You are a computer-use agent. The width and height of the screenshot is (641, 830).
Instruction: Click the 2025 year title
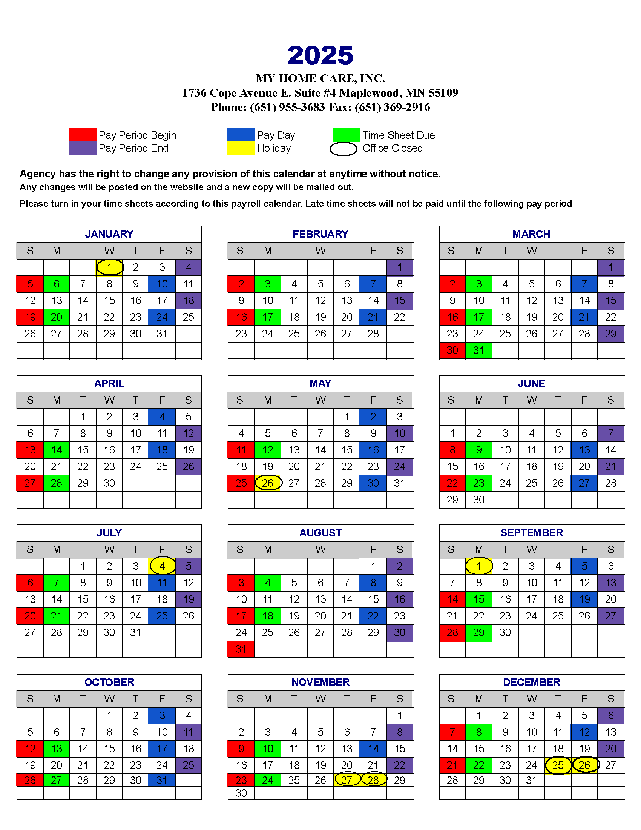click(320, 55)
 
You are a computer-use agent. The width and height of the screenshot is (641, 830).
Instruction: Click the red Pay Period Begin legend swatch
click(83, 135)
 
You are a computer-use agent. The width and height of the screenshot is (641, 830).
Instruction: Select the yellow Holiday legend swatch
click(241, 148)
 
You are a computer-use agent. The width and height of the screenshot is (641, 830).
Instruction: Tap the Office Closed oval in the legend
click(343, 149)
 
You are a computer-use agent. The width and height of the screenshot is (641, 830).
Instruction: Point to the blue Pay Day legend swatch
click(241, 135)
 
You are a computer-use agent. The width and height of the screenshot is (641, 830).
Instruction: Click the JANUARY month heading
click(109, 234)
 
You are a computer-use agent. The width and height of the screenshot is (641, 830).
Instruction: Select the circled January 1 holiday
click(109, 267)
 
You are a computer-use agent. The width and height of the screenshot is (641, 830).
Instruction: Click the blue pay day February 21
click(373, 317)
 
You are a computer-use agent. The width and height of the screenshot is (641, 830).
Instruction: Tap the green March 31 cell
click(478, 350)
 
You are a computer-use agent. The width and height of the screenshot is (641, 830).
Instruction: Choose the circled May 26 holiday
click(268, 483)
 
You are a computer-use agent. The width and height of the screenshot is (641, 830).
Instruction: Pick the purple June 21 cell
click(610, 466)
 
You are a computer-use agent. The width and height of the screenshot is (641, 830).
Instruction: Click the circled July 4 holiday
click(162, 566)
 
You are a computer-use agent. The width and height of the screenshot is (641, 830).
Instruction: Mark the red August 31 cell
click(241, 649)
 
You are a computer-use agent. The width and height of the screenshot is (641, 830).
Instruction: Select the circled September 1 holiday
click(478, 566)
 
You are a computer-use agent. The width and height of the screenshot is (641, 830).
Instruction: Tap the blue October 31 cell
click(162, 780)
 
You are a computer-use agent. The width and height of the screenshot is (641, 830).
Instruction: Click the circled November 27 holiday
click(347, 780)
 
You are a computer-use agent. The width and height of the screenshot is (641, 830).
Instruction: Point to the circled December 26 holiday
click(584, 765)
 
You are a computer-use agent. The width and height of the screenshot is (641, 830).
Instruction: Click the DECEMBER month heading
click(531, 682)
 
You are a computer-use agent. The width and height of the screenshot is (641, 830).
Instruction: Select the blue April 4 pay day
click(162, 417)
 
